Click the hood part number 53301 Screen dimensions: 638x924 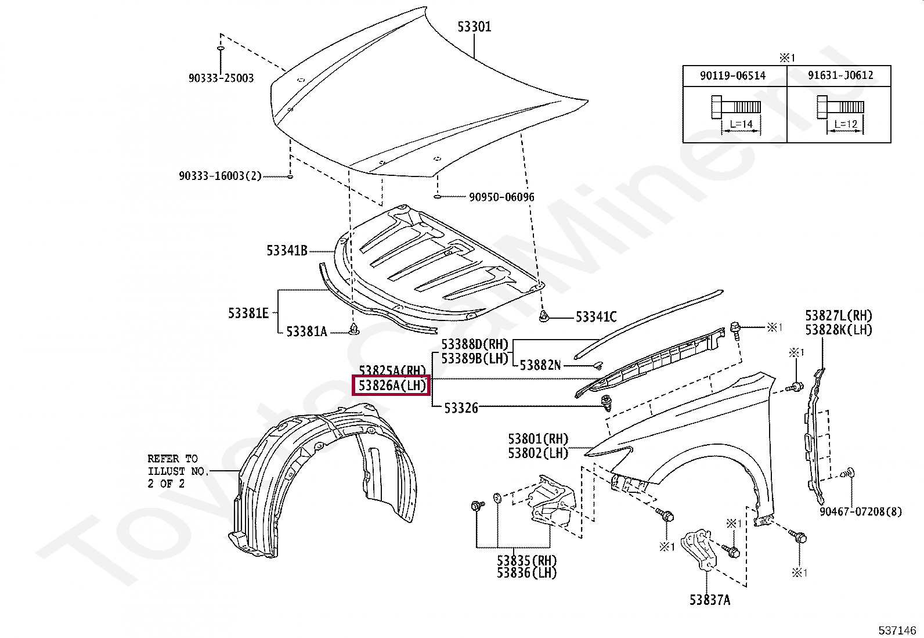coord(474,27)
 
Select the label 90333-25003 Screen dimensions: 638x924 coord(221,78)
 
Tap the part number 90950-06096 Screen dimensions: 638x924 coord(501,197)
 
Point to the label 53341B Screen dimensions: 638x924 coord(287,251)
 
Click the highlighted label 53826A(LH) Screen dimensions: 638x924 coord(392,385)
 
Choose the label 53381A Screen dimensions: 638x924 coord(306,331)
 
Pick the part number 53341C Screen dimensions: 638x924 coord(595,317)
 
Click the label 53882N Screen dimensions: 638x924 coord(540,365)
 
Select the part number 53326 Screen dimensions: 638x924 coord(461,408)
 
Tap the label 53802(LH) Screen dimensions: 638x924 coord(538,453)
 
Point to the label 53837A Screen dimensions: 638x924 coord(710,600)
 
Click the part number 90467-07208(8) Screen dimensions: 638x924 coord(861,511)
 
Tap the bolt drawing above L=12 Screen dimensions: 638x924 coord(839,107)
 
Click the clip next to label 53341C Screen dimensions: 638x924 coord(544,316)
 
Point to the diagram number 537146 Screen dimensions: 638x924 coord(897,630)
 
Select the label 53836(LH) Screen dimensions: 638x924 coord(526,573)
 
